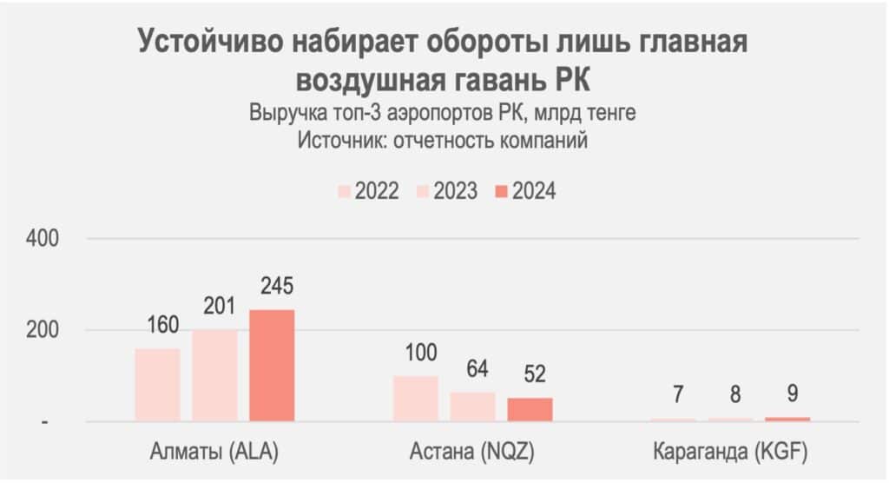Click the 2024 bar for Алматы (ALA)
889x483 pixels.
click(272, 366)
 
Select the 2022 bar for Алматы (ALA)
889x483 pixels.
click(157, 385)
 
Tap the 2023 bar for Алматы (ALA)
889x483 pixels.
click(214, 375)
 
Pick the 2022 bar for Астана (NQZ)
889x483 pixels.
click(415, 399)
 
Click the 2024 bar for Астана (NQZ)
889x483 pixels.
click(530, 410)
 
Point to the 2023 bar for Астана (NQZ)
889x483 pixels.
click(472, 407)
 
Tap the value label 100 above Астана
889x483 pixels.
click(415, 354)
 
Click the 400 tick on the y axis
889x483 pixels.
click(44, 238)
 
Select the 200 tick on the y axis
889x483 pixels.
click(44, 330)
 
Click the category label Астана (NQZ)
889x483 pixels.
click(472, 453)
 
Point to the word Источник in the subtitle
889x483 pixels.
click(342, 140)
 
